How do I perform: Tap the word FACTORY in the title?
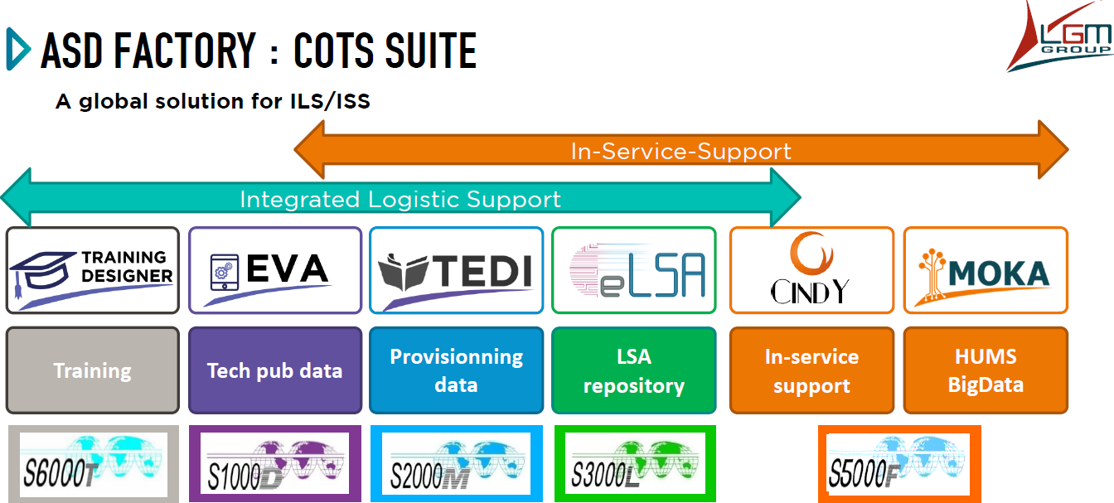tap(185, 51)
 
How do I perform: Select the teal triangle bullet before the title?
tap(18, 49)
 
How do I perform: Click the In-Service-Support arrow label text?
tap(681, 151)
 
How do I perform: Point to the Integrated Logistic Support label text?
tap(400, 200)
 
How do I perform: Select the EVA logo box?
tap(275, 270)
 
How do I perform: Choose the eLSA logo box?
tap(633, 270)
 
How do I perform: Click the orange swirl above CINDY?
tap(811, 253)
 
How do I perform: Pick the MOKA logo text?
tap(999, 273)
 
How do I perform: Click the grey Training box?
tap(93, 370)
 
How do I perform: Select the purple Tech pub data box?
tap(275, 370)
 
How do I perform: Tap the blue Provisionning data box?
tap(456, 370)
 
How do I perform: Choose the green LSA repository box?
tap(633, 370)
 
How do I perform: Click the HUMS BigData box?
tap(986, 370)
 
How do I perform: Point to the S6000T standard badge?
tap(94, 464)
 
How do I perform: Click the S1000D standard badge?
tap(275, 464)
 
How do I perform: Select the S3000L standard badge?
tap(635, 464)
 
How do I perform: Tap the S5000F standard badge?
tap(899, 464)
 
